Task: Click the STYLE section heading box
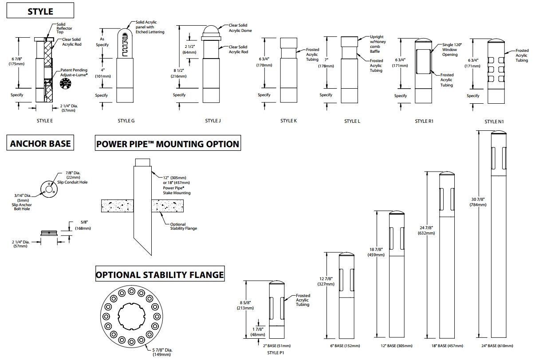pos(40,10)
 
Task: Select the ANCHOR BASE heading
pos(40,143)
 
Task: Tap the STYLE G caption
pos(126,121)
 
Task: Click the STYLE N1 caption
pos(494,121)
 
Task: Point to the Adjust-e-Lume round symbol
pos(65,83)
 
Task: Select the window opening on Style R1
pos(423,61)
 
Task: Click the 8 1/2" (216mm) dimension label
pos(179,73)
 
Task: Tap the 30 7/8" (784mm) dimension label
pos(478,202)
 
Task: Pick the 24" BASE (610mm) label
pos(497,346)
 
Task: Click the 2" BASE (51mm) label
pos(277,346)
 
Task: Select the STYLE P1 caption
pos(275,353)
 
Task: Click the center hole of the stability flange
pos(132,317)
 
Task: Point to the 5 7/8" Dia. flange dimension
pos(162,352)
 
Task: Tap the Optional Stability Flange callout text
pos(183,226)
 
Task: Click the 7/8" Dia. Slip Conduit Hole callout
pos(73,177)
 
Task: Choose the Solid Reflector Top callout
pos(64,28)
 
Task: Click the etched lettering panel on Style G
pos(125,43)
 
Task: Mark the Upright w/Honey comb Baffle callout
pos(378,44)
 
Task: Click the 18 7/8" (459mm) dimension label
pos(376,252)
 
